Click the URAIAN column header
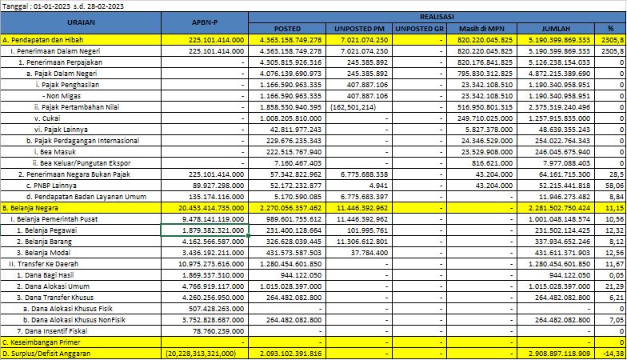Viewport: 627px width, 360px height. click(x=81, y=22)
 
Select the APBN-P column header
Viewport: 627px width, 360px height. click(x=205, y=22)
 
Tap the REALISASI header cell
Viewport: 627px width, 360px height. click(x=437, y=18)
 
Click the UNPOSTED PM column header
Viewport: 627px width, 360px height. click(x=359, y=29)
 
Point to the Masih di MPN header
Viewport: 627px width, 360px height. click(x=481, y=29)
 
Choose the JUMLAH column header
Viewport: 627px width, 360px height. click(x=555, y=29)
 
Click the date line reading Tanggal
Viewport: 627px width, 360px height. click(x=62, y=6)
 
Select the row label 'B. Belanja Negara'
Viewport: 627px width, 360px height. click(x=30, y=208)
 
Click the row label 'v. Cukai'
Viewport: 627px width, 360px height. click(x=47, y=118)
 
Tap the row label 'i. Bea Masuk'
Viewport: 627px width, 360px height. click(x=55, y=152)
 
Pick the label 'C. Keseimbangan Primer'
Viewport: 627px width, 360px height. click(x=42, y=342)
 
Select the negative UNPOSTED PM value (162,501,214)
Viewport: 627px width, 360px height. click(x=353, y=107)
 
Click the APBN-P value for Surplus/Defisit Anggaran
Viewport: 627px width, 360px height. click(x=201, y=354)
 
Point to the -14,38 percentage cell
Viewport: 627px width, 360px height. click(x=613, y=354)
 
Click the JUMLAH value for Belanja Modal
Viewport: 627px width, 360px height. click(x=559, y=253)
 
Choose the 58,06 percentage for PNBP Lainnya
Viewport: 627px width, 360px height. click(x=614, y=186)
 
